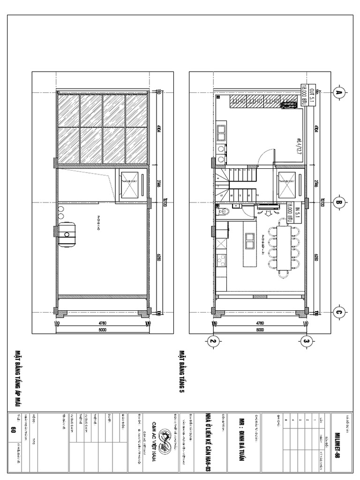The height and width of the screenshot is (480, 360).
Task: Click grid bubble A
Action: (x=338, y=93)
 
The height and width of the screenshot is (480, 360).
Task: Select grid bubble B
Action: (x=338, y=202)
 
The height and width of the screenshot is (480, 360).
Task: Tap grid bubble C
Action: (x=338, y=311)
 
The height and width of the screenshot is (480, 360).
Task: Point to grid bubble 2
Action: (x=214, y=341)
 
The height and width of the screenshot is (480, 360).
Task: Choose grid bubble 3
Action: (x=306, y=341)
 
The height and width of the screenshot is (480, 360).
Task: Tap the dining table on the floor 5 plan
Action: (x=284, y=248)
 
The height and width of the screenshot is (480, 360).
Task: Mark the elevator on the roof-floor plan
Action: (x=132, y=184)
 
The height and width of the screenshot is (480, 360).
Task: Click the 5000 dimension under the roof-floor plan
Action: (x=102, y=330)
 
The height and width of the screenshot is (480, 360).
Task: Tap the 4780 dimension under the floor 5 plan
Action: (x=259, y=323)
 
